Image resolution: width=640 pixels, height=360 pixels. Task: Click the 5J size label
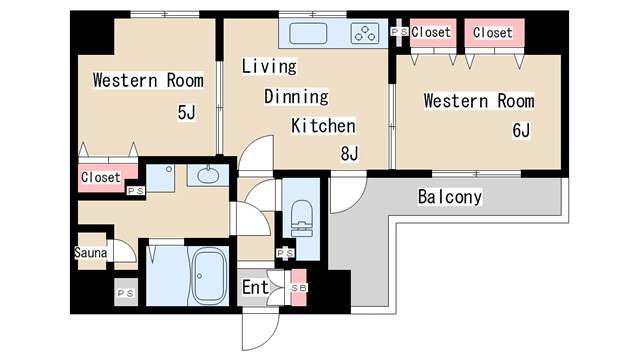[187, 112]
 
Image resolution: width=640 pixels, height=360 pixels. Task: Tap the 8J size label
[349, 154]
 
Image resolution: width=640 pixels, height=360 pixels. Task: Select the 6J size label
[521, 131]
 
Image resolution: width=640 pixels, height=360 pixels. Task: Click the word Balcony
[450, 197]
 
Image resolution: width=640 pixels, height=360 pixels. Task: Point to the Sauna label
[91, 252]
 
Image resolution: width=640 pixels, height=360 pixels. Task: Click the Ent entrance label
[256, 287]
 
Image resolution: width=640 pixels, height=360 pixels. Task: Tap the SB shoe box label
[299, 288]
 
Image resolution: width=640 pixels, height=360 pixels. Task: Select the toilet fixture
[302, 218]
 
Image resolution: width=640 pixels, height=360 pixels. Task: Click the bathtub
[209, 276]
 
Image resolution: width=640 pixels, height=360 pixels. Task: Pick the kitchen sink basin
[308, 33]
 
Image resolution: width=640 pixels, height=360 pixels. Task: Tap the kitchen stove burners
[365, 33]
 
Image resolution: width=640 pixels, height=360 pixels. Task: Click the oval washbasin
[208, 176]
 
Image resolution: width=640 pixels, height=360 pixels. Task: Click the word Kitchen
[323, 126]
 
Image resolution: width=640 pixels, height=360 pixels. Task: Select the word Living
[269, 66]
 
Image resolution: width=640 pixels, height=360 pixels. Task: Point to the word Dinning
[296, 97]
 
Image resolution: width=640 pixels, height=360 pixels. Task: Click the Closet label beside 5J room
[100, 177]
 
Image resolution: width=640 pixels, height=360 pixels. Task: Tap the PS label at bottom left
[126, 293]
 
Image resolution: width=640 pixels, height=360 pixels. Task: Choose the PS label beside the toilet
[285, 253]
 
